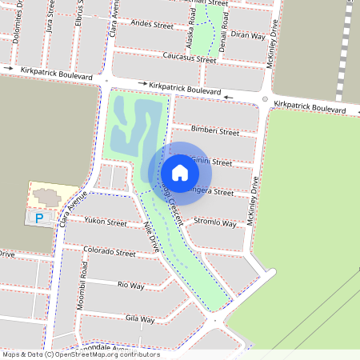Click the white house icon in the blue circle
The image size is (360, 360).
click(x=179, y=172)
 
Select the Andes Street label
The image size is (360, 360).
click(x=151, y=26)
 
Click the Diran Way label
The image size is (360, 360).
click(x=247, y=35)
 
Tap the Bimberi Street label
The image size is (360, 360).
click(x=214, y=130)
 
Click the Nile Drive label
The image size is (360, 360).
click(x=150, y=238)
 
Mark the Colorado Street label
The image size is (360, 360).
click(x=109, y=252)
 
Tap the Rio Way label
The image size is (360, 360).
click(x=130, y=285)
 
